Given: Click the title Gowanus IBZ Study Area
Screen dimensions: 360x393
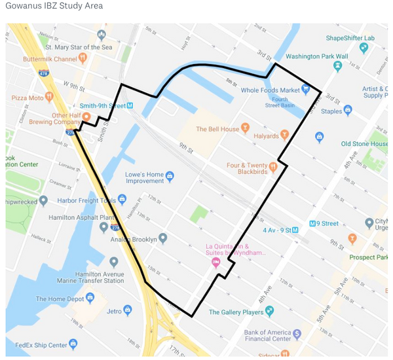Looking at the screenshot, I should pos(54,6).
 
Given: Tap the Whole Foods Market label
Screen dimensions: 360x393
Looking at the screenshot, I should pos(270,90).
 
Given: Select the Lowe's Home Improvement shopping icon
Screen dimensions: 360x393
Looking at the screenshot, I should pos(170,175).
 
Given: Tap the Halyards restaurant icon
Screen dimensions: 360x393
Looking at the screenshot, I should pos(285,134).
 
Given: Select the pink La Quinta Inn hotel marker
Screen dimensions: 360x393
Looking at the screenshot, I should pos(215,262).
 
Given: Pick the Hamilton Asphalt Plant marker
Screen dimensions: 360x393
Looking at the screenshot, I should pos(103,226).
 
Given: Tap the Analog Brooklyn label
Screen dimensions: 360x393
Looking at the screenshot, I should pos(134,239).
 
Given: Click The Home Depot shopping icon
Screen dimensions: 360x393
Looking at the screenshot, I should pos(91,298).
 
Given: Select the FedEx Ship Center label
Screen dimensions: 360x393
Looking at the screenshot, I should pos(39,344).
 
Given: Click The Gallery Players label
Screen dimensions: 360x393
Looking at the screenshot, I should pos(236,312).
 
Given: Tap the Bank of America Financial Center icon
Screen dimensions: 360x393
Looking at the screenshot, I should pos(297,333).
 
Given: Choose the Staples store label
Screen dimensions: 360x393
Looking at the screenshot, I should pos(331,111).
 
